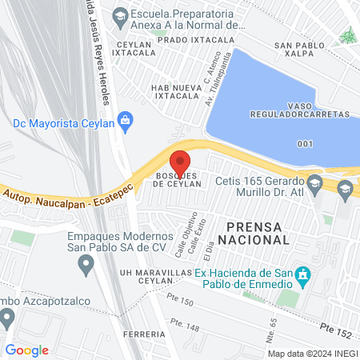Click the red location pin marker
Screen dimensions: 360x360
coord(181,160)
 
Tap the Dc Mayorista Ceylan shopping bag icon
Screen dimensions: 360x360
coord(125,121)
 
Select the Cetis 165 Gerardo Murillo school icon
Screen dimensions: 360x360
coord(315,184)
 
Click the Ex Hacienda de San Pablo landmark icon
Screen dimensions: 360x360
coord(302,276)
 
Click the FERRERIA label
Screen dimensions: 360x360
coord(142,334)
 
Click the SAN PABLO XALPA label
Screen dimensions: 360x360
coord(301,51)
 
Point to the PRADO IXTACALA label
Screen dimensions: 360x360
coord(190,39)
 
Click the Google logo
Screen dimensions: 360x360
coord(26,350)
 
